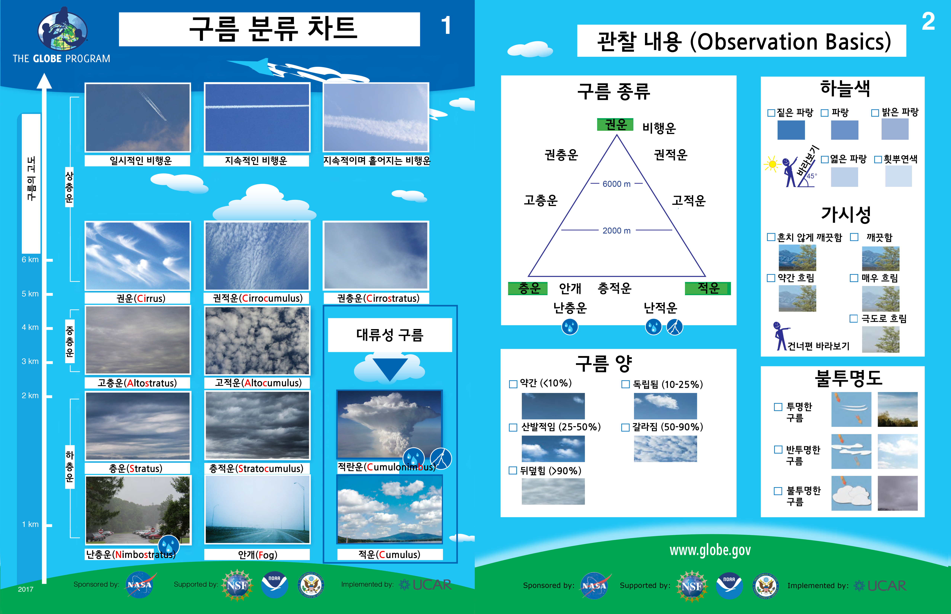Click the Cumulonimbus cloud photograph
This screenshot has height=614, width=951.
point(389,424)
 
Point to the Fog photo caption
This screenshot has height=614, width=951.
point(257,555)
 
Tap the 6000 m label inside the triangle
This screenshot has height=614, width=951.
point(617,184)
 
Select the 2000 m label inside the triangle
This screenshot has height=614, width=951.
point(617,231)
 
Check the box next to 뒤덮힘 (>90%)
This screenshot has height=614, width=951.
point(513,471)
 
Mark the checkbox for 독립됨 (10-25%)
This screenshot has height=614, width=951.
point(625,384)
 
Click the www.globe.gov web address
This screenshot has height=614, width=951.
point(710,550)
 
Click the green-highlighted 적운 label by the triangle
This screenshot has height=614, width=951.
point(708,288)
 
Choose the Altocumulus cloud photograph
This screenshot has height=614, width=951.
point(257,340)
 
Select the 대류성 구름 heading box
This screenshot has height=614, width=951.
point(390,335)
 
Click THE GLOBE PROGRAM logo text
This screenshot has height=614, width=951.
point(61,59)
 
